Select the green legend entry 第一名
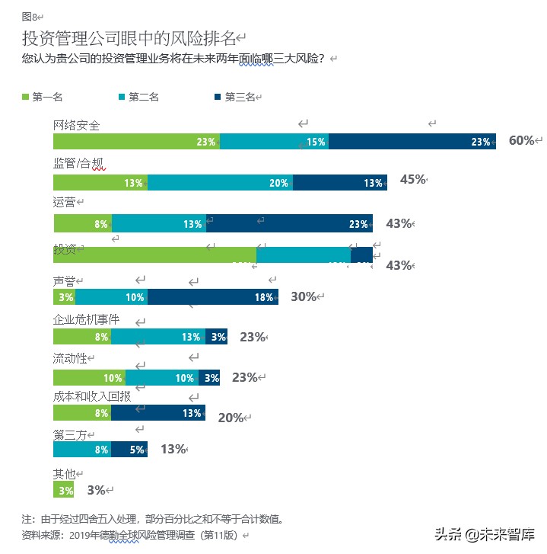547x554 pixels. coord(41,97)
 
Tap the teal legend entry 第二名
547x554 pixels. coord(138,97)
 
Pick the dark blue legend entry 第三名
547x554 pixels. coord(234,97)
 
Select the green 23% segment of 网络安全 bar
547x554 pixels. coord(136,142)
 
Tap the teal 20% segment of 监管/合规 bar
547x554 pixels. coord(220,182)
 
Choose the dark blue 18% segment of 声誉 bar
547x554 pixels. coord(213,297)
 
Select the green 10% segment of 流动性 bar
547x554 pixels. coord(89,377)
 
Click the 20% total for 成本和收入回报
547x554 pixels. coord(231,417)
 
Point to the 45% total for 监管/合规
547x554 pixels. coord(412,180)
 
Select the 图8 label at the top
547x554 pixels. coord(30,16)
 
